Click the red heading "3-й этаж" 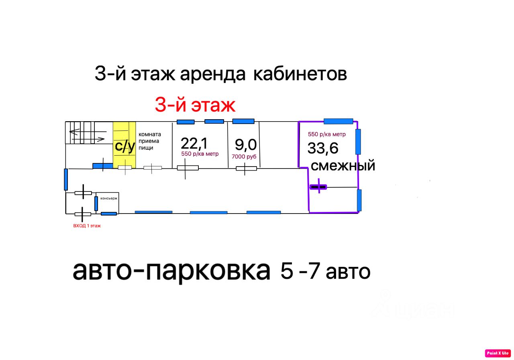tap(195, 105)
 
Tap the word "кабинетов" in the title tap(300, 73)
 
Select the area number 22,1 tap(194, 144)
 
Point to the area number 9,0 tap(245, 145)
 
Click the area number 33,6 tap(322, 148)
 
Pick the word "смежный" tap(343, 166)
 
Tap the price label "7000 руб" tap(244, 157)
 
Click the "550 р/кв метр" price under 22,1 tap(200, 154)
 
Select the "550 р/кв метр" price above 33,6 tap(326, 134)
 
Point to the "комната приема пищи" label tap(150, 141)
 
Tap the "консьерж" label tap(109, 198)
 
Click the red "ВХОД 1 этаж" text tap(87, 226)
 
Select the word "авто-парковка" tap(171, 271)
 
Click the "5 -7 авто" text tap(325, 271)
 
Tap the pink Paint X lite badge tap(498, 353)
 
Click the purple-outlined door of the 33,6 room tap(318, 187)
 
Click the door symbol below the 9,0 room tap(246, 169)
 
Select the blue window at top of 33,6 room tap(338, 121)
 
